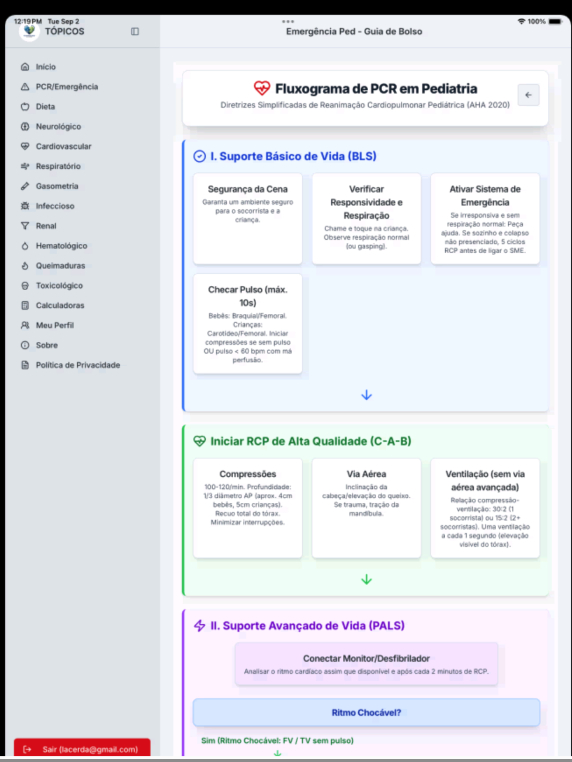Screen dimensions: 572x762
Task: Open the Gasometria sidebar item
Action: click(50, 186)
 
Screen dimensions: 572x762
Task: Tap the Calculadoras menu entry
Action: click(52, 305)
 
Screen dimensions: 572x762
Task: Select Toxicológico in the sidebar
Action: click(52, 285)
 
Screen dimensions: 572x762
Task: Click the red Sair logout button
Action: click(82, 749)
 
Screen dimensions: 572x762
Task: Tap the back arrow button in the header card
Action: click(528, 95)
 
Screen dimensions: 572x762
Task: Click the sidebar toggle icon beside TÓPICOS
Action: click(135, 32)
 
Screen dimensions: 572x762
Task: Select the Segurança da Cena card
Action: click(247, 219)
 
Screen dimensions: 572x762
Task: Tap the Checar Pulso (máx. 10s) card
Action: click(247, 323)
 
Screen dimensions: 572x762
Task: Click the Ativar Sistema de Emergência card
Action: click(485, 219)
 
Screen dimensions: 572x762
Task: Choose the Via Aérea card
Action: click(366, 508)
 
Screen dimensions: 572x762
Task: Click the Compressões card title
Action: click(247, 474)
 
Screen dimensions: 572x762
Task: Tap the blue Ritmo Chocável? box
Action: click(366, 712)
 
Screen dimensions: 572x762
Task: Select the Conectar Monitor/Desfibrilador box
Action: click(366, 664)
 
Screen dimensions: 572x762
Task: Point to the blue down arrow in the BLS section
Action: click(366, 395)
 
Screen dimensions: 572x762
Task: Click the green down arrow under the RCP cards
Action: click(366, 580)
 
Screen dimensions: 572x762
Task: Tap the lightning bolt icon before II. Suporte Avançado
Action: click(199, 625)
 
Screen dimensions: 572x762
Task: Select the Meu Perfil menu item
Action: click(47, 325)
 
